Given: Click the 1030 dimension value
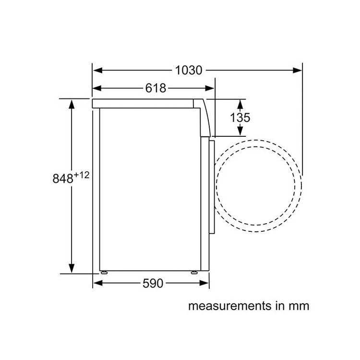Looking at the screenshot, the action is [189, 70].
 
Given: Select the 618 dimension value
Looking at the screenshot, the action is [156, 88].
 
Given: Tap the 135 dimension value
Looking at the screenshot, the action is [240, 118].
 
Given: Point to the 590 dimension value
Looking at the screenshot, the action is [153, 283].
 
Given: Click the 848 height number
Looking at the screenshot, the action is [63, 179].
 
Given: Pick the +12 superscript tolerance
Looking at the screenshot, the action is [81, 175].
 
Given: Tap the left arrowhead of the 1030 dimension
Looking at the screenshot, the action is [97, 70].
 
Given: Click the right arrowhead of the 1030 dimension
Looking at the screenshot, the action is [297, 70].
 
